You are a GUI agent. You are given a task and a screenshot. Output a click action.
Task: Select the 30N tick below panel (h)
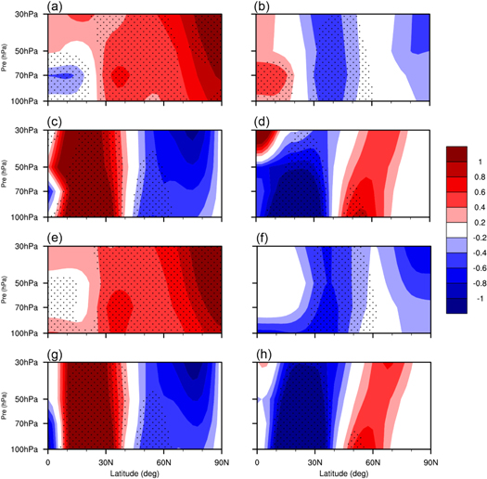click(314, 460)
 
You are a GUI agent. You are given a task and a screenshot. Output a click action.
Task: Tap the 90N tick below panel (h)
click(429, 460)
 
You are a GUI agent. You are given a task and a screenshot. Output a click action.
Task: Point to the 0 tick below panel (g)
click(48, 460)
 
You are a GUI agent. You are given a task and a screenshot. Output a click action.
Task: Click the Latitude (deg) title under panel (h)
click(343, 472)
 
